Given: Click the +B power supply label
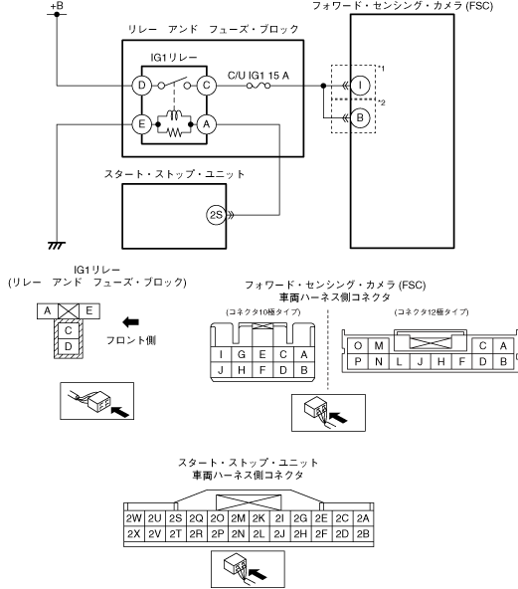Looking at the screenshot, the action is point(57,6).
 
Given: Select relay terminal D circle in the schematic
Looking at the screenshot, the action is point(141,86).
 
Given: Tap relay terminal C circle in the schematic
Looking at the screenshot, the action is point(207,86).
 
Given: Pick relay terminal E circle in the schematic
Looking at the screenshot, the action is point(141,124).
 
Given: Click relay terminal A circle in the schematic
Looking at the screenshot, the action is point(207,124).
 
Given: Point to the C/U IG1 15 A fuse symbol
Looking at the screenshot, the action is point(259,86).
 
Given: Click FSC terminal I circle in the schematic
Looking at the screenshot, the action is point(360,86).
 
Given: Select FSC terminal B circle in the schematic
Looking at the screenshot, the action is point(360,118).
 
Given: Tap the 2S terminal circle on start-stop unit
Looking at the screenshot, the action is point(216,215).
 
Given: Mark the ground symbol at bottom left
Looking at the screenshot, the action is point(57,246).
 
